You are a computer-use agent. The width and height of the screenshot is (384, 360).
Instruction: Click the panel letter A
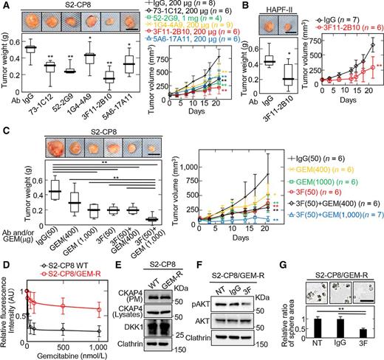[x=5, y=6]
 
